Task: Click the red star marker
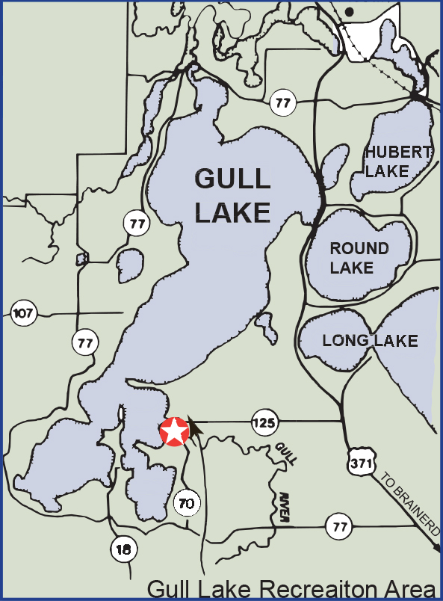[x=174, y=431]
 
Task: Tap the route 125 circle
[x=264, y=422]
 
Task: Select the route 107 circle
[x=24, y=313]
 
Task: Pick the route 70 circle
[x=186, y=503]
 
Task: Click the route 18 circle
[x=124, y=549]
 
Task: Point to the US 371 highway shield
[x=362, y=464]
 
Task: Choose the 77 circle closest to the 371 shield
[x=341, y=527]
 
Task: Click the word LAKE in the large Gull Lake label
[x=232, y=212]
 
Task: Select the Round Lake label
[x=359, y=257]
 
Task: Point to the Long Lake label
[x=370, y=341]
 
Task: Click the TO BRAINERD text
[x=409, y=503]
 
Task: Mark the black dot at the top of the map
[x=349, y=13]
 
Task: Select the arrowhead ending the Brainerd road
[x=436, y=549]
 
